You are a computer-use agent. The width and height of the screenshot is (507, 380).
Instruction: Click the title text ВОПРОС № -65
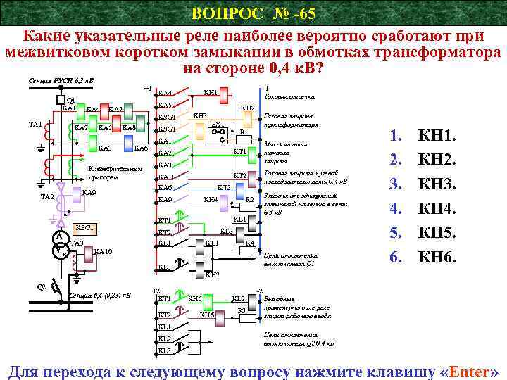254,13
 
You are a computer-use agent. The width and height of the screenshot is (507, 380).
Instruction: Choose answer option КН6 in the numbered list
437,258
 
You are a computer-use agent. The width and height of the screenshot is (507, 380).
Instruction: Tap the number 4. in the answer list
396,209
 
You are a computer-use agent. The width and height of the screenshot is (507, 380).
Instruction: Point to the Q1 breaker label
70,100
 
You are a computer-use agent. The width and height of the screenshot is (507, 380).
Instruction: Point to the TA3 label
77,243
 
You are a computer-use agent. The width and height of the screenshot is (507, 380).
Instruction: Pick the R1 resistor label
243,132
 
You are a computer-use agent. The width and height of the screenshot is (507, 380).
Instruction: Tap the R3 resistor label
242,310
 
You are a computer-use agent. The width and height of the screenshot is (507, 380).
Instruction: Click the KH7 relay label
212,274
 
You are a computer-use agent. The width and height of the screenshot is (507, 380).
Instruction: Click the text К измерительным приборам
114,173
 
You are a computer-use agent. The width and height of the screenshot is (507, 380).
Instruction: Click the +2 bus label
156,291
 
